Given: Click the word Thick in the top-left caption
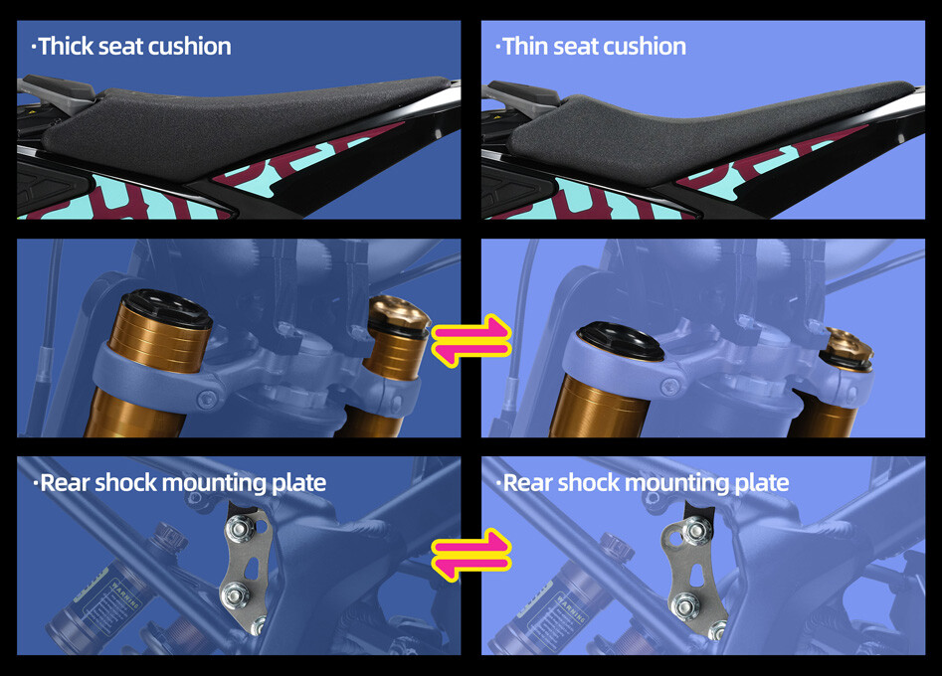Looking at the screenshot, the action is (66, 47).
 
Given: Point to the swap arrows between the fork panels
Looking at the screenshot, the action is (471, 340).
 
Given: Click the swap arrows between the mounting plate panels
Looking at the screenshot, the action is (471, 555).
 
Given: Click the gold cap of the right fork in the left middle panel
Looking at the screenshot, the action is (399, 312).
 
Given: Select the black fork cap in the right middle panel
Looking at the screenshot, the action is (620, 340).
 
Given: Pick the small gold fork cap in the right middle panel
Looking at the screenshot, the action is (848, 346).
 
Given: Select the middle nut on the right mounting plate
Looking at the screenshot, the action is (684, 605).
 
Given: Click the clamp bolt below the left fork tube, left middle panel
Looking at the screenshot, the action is (208, 398).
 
